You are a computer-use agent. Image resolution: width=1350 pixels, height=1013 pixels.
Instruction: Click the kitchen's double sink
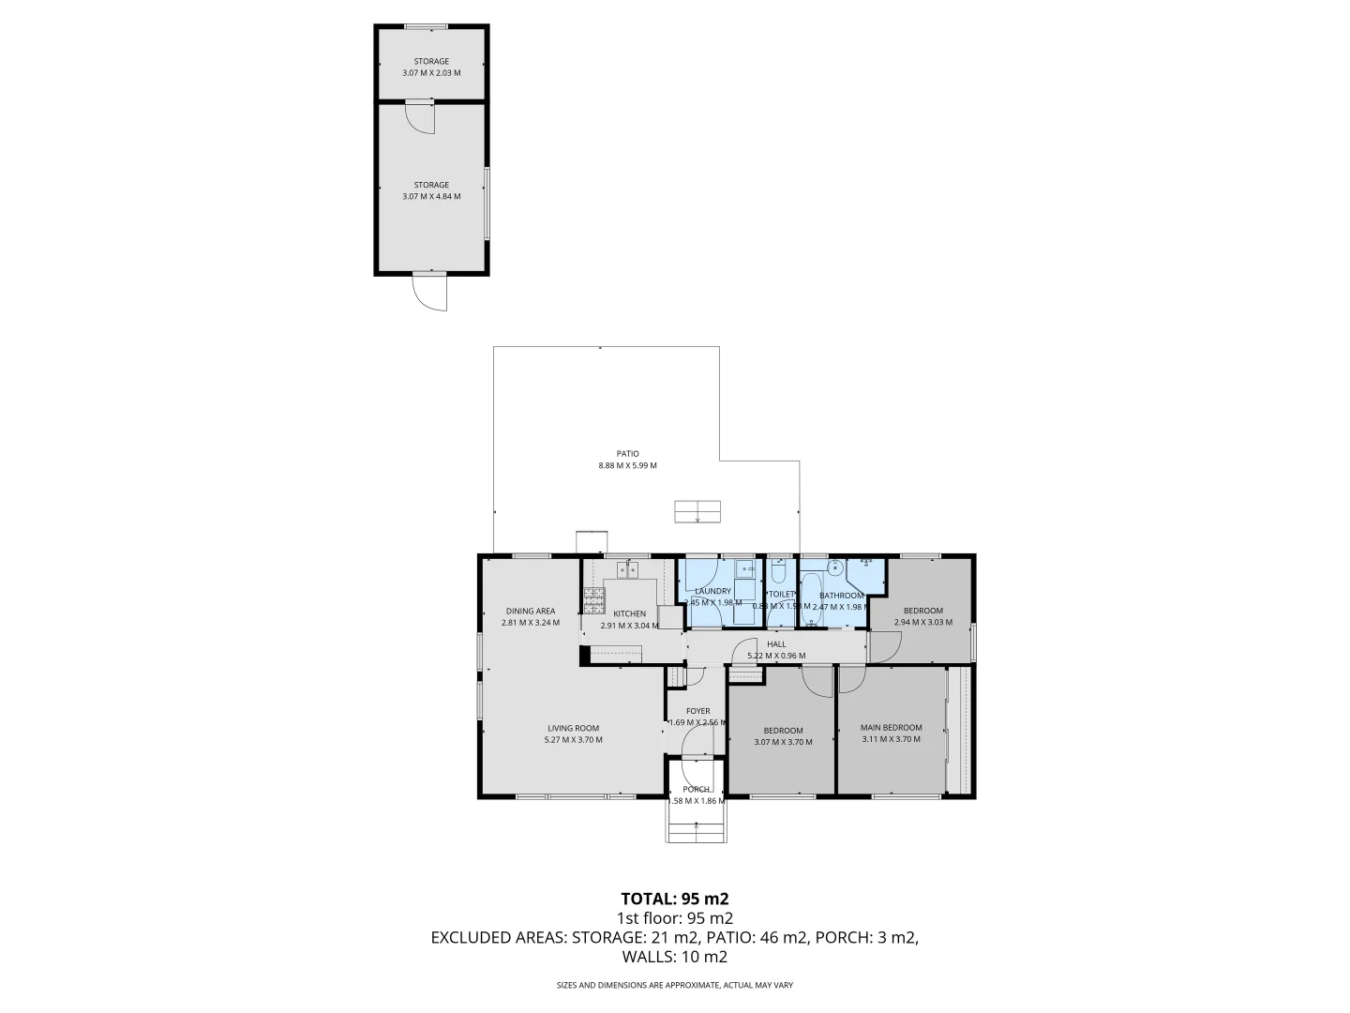pyautogui.click(x=627, y=568)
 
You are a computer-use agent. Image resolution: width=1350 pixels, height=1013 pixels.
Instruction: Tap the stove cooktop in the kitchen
pyautogui.click(x=593, y=599)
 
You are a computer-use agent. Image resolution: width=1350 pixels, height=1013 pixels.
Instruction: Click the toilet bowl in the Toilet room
pyautogui.click(x=777, y=572)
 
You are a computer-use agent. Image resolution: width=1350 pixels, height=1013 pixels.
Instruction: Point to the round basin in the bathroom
pyautogui.click(x=833, y=567)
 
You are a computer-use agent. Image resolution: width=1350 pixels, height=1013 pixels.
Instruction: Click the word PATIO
pyautogui.click(x=627, y=454)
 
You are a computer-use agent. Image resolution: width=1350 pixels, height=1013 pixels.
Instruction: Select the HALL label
pyautogui.click(x=776, y=644)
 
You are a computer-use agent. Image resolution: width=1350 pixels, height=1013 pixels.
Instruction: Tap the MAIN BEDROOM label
pyautogui.click(x=891, y=727)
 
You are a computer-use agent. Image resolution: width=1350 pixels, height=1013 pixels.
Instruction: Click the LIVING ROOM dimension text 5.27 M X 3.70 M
pyautogui.click(x=573, y=740)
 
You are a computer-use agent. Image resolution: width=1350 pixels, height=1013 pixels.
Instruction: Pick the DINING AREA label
pyautogui.click(x=530, y=611)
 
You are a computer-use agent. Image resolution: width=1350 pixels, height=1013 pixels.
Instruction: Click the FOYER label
pyautogui.click(x=697, y=711)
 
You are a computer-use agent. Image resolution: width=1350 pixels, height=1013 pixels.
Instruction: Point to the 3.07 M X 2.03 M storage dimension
pyautogui.click(x=431, y=72)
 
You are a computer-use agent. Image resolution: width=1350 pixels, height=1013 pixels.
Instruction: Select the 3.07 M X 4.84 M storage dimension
pyautogui.click(x=431, y=196)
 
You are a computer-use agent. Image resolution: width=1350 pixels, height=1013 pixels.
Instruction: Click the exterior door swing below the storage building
pyautogui.click(x=432, y=293)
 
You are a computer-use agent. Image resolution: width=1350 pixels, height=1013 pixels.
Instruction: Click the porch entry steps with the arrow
pyautogui.click(x=697, y=825)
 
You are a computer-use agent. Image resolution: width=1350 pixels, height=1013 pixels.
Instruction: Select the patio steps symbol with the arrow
pyautogui.click(x=697, y=510)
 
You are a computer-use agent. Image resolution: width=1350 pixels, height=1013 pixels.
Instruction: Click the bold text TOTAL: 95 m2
pyautogui.click(x=674, y=898)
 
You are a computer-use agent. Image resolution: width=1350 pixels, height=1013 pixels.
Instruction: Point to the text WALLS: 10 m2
pyautogui.click(x=674, y=957)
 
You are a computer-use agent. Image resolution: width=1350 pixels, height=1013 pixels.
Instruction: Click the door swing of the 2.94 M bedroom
pyautogui.click(x=884, y=646)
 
